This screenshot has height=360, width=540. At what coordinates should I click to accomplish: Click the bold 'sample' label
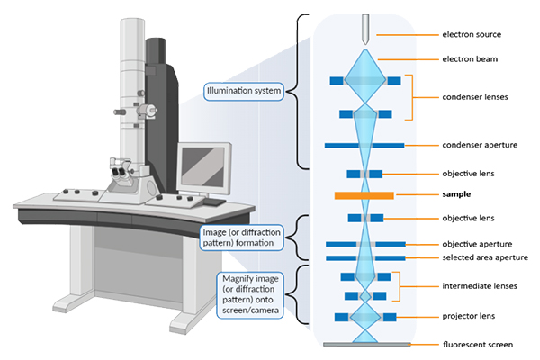(455, 194)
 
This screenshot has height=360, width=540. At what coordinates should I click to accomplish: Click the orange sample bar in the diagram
(364, 194)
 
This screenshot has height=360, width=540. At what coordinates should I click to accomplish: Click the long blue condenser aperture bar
(364, 145)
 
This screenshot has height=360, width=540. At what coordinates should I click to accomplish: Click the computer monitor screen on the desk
(203, 164)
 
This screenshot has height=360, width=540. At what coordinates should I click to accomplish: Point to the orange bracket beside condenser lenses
(412, 97)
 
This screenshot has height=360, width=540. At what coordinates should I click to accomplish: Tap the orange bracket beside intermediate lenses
(398, 286)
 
